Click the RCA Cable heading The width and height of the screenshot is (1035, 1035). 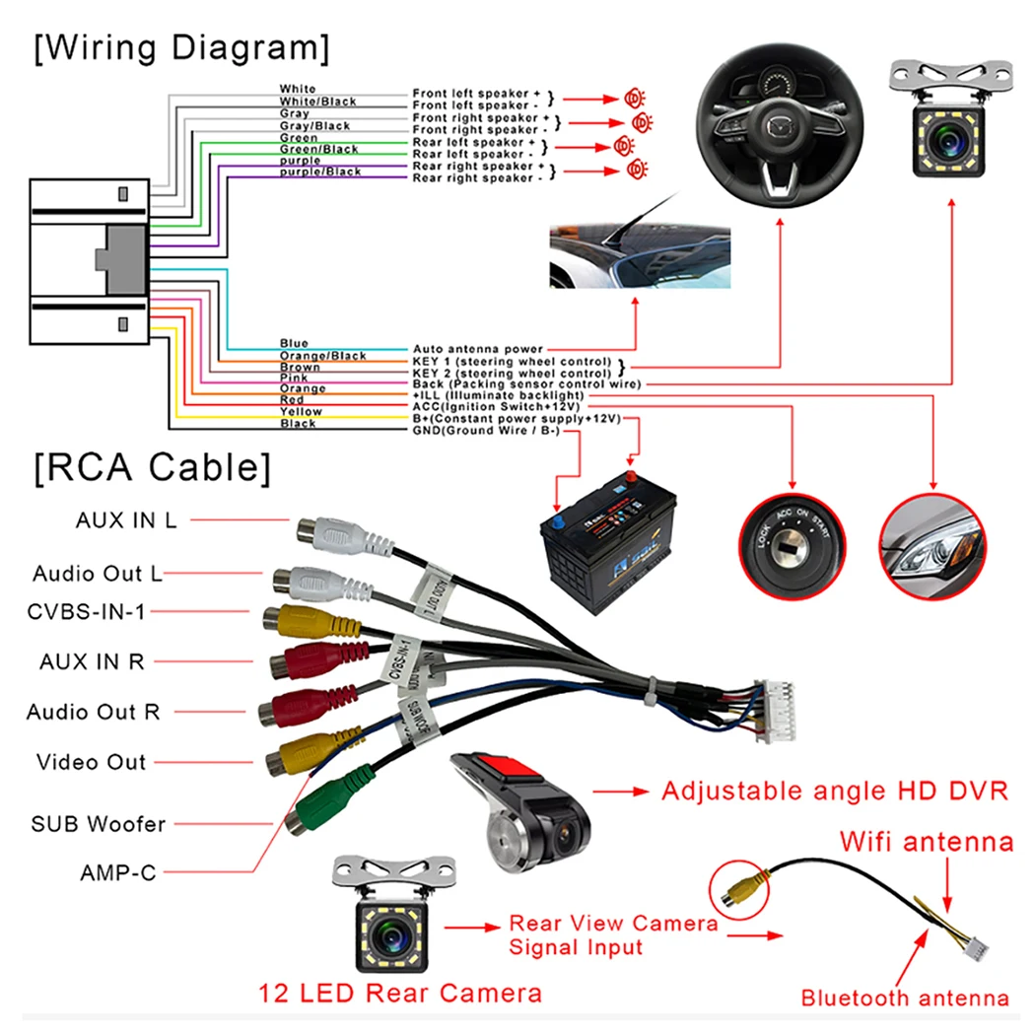(151, 467)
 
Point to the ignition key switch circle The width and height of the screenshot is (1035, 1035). (790, 546)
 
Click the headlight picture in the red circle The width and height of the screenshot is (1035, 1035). (932, 546)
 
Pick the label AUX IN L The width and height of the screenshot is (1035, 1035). (126, 520)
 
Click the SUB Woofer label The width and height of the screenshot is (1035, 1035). (99, 823)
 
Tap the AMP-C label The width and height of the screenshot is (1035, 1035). (118, 872)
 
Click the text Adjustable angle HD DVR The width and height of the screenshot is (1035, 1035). (834, 791)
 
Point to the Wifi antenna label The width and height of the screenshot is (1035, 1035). (926, 842)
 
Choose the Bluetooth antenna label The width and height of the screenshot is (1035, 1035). (904, 998)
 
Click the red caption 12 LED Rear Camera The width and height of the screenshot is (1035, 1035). (400, 993)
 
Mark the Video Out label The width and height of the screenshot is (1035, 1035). (91, 762)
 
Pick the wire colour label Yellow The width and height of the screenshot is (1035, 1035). (300, 412)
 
